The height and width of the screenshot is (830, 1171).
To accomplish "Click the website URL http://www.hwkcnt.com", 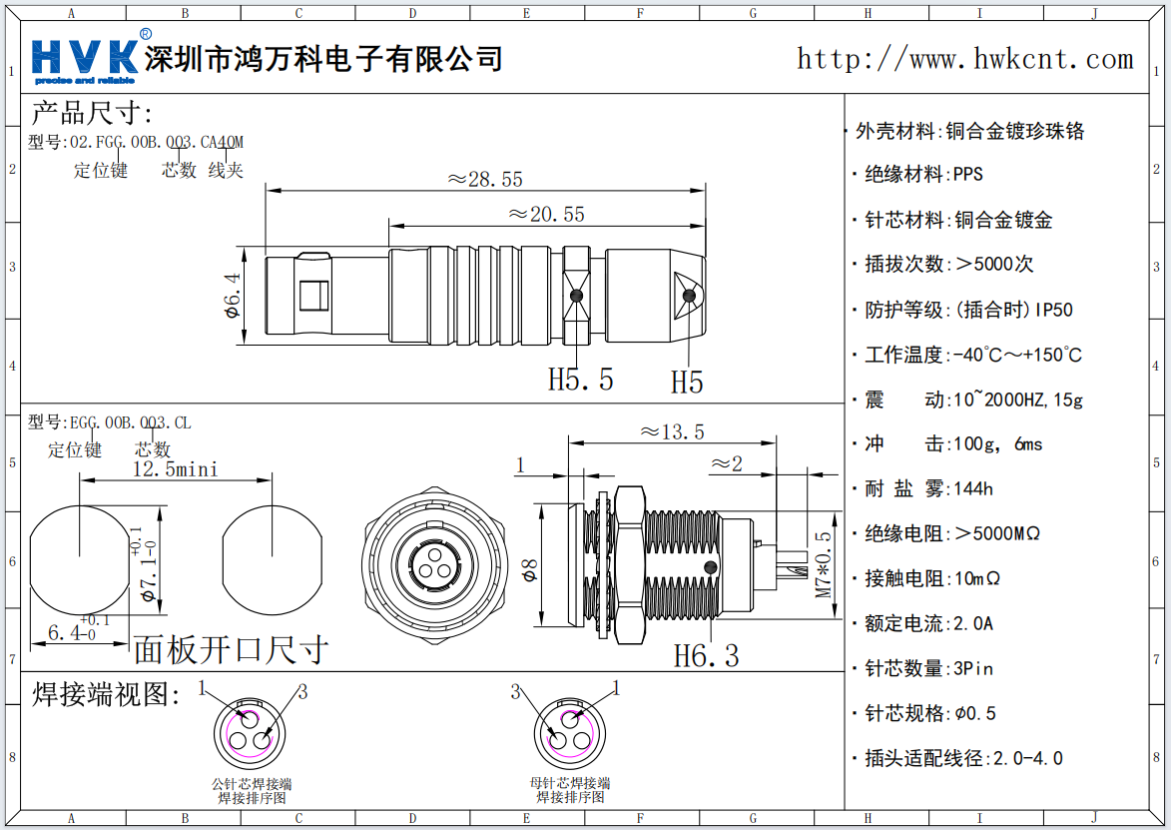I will pyautogui.click(x=964, y=59).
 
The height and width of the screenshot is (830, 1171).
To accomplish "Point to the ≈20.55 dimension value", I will pyautogui.click(x=545, y=214).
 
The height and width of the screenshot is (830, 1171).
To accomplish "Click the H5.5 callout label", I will pyautogui.click(x=580, y=380).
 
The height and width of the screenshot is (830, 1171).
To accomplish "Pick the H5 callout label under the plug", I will pyautogui.click(x=687, y=383).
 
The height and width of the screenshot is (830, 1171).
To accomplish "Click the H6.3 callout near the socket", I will pyautogui.click(x=706, y=656).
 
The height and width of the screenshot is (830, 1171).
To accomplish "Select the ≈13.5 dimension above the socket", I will pyautogui.click(x=672, y=431).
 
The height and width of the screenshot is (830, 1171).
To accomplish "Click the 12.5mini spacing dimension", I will pyautogui.click(x=175, y=468).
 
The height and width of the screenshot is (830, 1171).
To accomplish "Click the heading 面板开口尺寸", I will pyautogui.click(x=231, y=649).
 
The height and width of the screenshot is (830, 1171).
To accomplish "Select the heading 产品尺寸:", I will pyautogui.click(x=92, y=113).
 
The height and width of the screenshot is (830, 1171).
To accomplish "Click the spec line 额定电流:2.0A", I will pyautogui.click(x=928, y=623).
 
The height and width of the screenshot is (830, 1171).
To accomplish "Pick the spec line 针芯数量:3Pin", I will pyautogui.click(x=928, y=668).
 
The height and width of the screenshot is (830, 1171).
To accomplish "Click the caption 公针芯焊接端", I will pyautogui.click(x=252, y=784).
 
